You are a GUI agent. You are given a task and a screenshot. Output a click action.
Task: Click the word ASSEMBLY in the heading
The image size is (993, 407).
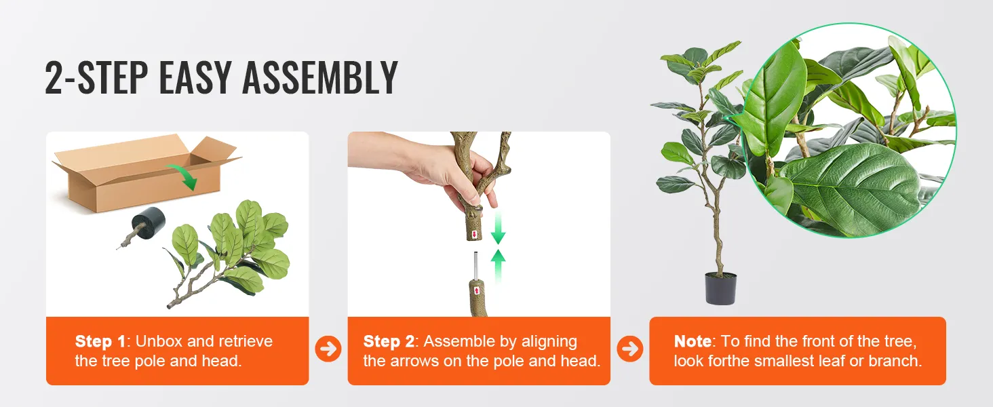click(319, 78)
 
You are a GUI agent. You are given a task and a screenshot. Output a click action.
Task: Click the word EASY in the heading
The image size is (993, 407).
click(196, 78)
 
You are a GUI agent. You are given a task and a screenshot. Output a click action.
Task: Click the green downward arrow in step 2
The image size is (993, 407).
click(499, 229)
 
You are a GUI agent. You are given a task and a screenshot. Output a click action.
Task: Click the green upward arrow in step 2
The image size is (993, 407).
click(499, 265)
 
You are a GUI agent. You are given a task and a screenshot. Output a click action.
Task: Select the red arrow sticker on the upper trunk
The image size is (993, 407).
click(475, 234)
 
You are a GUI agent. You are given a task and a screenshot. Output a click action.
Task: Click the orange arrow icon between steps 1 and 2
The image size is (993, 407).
click(328, 349)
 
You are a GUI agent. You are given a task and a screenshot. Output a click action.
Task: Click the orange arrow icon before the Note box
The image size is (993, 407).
click(630, 349)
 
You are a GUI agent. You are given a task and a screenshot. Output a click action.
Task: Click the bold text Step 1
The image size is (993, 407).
click(100, 341)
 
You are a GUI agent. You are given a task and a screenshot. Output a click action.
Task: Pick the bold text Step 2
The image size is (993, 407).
click(389, 341)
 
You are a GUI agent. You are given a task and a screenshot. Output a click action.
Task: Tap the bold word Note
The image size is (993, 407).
click(693, 341)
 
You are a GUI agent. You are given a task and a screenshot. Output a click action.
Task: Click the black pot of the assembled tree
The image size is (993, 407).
click(720, 288)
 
